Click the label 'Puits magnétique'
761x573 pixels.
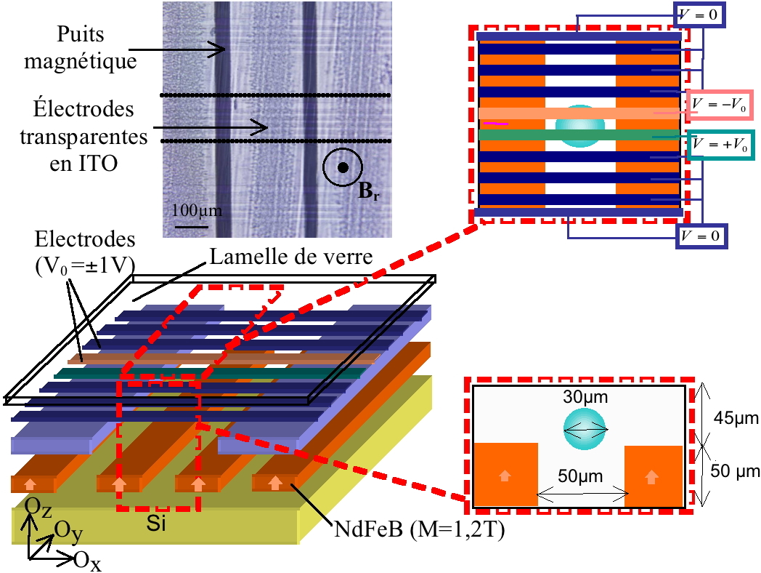pyautogui.click(x=81, y=47)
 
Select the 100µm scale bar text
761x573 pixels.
pyautogui.click(x=197, y=212)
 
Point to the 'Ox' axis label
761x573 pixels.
pyautogui.click(x=87, y=559)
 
